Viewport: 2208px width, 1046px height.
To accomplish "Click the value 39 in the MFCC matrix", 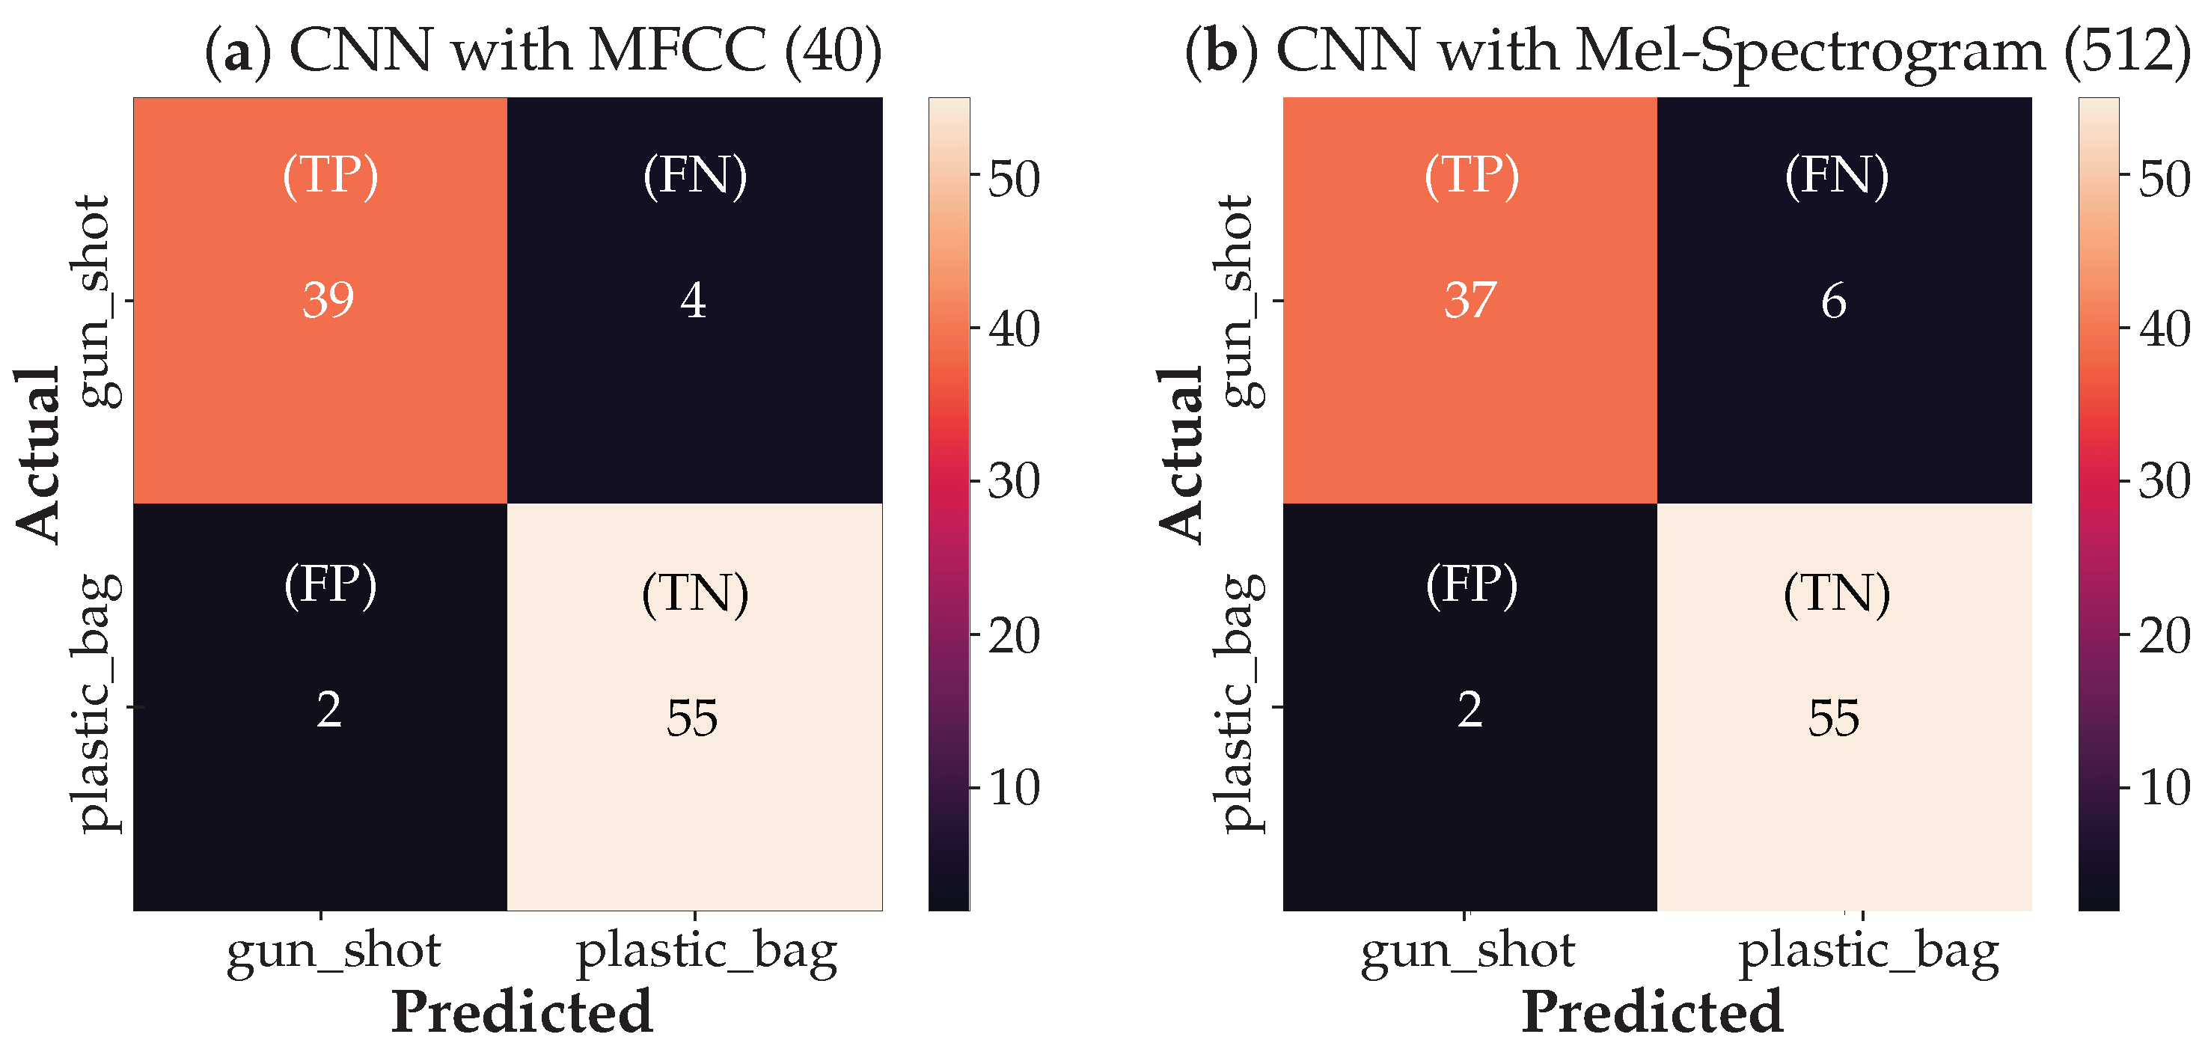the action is tap(328, 300).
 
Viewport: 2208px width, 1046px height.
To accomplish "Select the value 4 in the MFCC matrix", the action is tap(694, 300).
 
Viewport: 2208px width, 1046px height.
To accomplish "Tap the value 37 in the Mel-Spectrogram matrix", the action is tap(1470, 300).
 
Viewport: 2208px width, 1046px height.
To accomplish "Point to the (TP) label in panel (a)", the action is tap(330, 176).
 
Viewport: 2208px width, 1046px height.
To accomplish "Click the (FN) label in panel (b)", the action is tap(1837, 176).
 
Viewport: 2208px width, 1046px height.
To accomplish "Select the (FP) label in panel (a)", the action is tap(330, 586).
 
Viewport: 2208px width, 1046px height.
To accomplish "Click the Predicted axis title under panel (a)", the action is tap(522, 1012).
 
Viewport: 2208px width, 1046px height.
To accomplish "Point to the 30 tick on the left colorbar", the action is tap(1014, 481).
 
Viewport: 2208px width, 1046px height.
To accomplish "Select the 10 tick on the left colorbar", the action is tap(1014, 787).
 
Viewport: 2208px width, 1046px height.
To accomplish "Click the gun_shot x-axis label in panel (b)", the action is tap(1467, 952).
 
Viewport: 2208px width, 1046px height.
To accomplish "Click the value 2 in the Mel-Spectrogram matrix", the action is tap(1470, 710).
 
